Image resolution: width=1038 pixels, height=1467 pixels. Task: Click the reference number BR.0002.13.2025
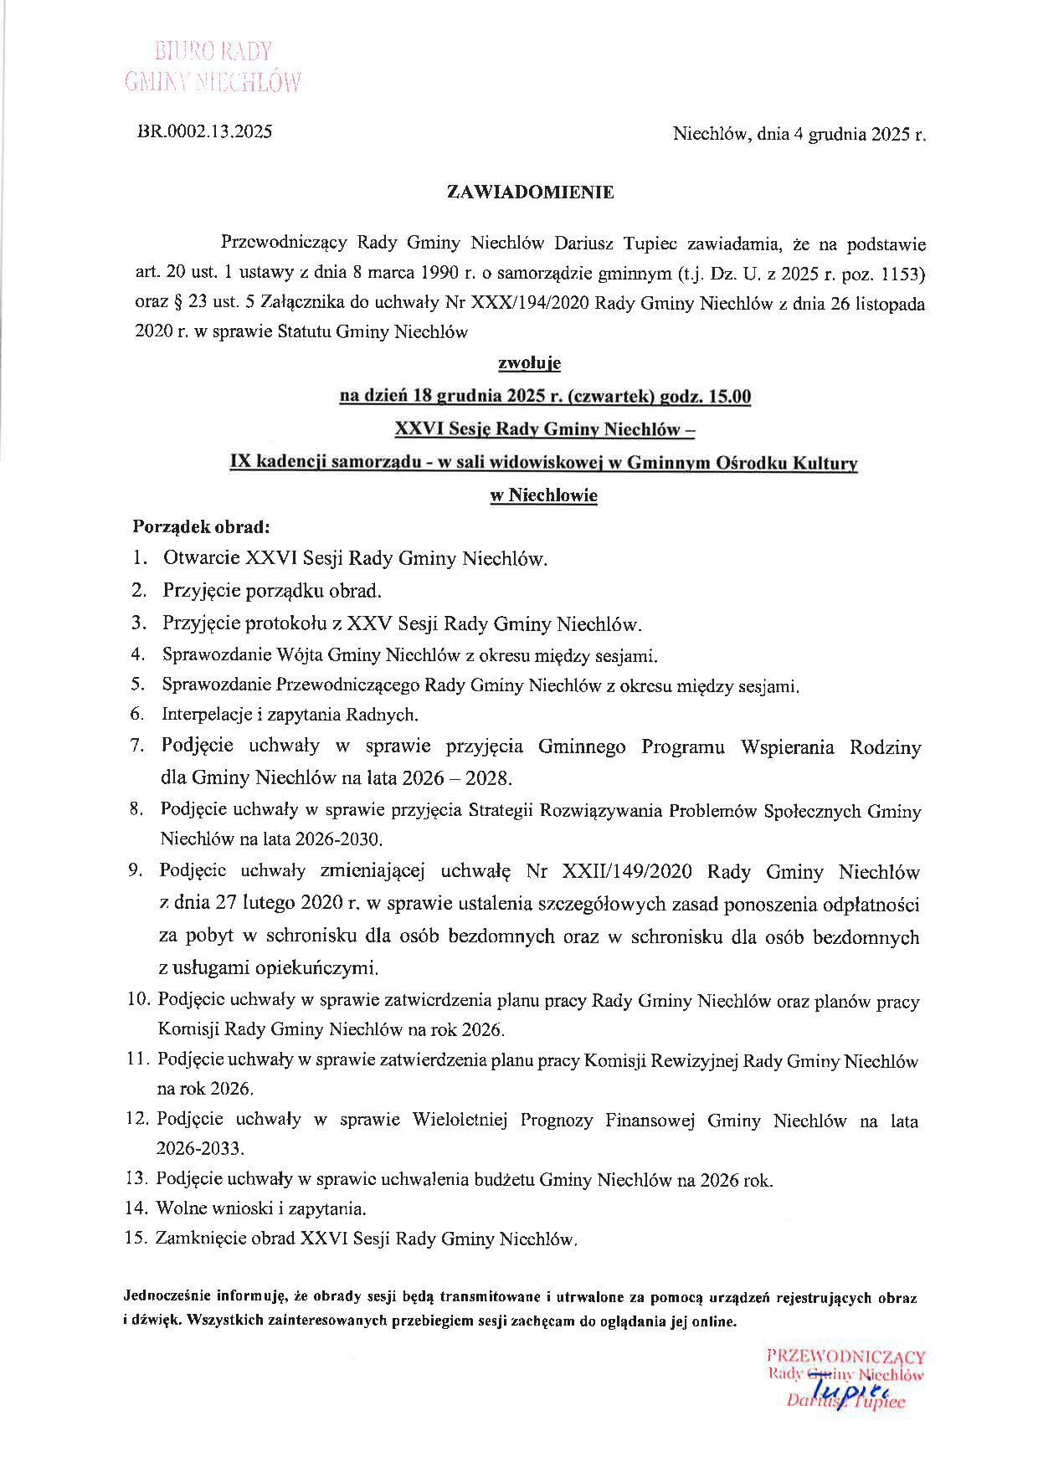click(x=204, y=131)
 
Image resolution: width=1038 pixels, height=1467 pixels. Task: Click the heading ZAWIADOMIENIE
click(x=531, y=192)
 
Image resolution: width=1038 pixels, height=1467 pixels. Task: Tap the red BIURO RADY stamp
click(x=213, y=52)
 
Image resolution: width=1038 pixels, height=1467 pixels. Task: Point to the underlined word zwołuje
click(x=529, y=363)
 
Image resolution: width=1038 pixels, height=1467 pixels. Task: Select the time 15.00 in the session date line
click(x=730, y=397)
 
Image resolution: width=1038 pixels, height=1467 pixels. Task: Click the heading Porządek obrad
click(x=201, y=528)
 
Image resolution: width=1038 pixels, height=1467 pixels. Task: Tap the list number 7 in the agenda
click(x=137, y=745)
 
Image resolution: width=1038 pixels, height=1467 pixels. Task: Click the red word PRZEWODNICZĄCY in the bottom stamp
click(x=845, y=1357)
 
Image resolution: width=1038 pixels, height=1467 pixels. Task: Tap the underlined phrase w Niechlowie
click(x=543, y=495)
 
